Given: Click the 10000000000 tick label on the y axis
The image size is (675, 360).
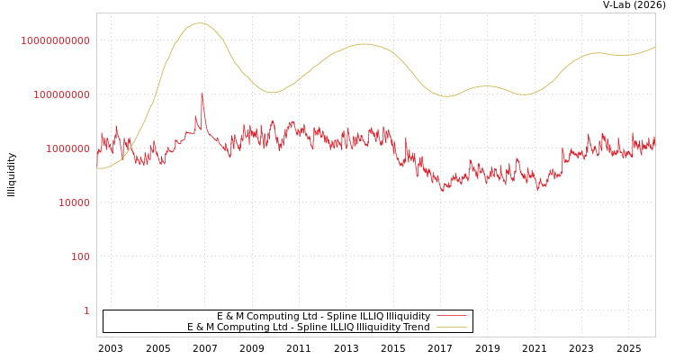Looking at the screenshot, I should (x=56, y=40).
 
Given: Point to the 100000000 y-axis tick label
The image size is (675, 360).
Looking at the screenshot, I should (x=62, y=94).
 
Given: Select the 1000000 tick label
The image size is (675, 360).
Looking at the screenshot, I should (x=68, y=148).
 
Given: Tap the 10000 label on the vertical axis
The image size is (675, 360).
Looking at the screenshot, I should (x=75, y=202).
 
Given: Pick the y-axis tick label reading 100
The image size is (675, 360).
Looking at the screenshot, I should (x=81, y=256).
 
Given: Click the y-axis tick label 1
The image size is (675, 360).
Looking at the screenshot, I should (x=87, y=310).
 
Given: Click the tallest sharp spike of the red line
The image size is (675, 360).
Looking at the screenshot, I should (x=202, y=93).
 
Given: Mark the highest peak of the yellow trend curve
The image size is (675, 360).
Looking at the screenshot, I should (x=199, y=23).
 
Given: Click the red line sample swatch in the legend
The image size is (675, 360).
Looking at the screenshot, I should (x=451, y=316).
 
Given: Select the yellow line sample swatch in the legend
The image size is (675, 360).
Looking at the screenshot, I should (x=451, y=327).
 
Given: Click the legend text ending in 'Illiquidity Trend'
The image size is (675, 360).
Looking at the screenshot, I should (x=309, y=327).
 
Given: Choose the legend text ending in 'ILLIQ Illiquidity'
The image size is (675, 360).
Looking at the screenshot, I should (x=324, y=316).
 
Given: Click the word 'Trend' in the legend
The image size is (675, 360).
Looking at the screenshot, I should (x=416, y=327).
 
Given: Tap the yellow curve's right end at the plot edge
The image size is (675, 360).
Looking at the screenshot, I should (x=654, y=47).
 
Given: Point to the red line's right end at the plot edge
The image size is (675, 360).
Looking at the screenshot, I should (x=654, y=141).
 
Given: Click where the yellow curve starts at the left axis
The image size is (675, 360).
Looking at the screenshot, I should (x=97, y=168).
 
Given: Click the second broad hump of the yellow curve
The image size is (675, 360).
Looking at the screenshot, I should (x=363, y=43).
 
